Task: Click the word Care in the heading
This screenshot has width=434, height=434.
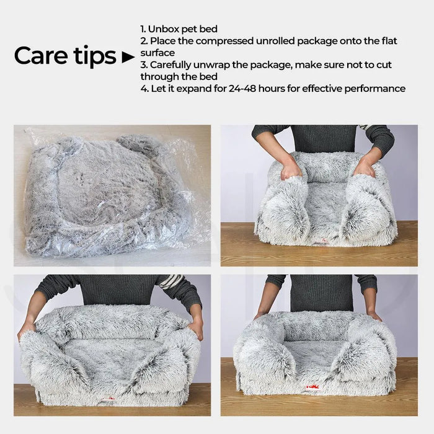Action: click(40, 56)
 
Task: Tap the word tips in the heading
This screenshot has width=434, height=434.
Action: click(95, 56)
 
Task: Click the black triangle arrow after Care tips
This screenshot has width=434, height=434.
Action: click(128, 57)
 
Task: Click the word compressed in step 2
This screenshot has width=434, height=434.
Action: click(224, 41)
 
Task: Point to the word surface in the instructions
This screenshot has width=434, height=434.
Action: click(157, 53)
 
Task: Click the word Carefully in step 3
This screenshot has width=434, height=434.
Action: click(170, 65)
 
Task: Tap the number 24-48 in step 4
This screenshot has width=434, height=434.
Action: click(242, 89)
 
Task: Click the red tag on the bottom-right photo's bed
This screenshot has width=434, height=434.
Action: click(312, 387)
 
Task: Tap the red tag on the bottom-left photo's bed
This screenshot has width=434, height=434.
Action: click(108, 399)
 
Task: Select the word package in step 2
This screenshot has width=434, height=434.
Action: click(317, 42)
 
